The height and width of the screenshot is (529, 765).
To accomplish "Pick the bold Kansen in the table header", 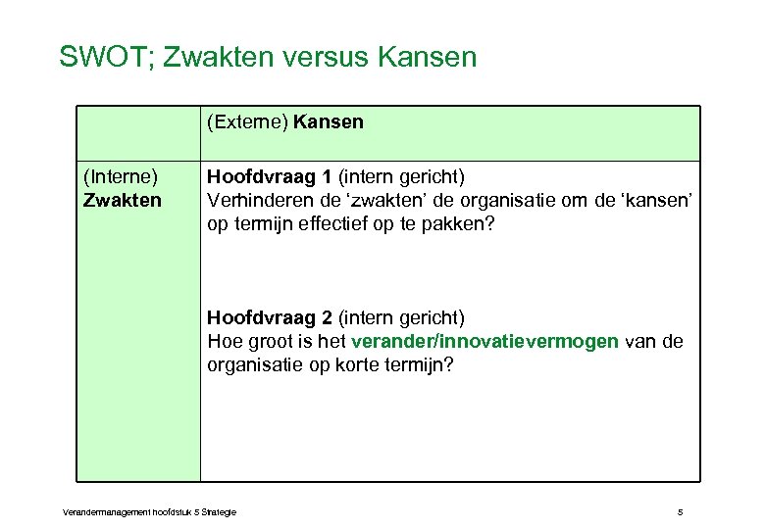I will [328, 122].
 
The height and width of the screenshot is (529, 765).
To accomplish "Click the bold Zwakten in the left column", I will [123, 200].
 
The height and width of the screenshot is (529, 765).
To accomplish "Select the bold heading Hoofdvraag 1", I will [269, 177].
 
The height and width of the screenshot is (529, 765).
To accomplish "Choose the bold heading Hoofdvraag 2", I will [269, 317].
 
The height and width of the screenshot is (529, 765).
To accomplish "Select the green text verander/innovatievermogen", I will [484, 341].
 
